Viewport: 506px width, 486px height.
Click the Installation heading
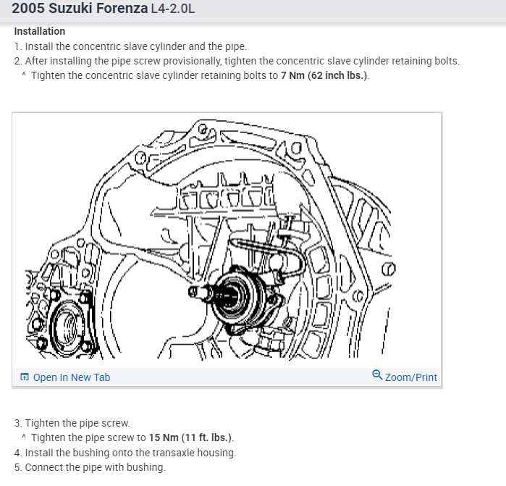[39, 31]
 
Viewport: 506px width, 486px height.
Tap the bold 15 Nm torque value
[165, 437]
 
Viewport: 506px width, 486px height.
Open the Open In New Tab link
[72, 377]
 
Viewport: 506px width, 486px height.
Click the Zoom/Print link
[410, 377]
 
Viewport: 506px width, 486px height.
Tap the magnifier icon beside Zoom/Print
[377, 375]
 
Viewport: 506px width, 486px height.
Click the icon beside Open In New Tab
[25, 377]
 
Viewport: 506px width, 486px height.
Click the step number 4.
[17, 453]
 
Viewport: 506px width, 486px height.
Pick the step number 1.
[17, 46]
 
